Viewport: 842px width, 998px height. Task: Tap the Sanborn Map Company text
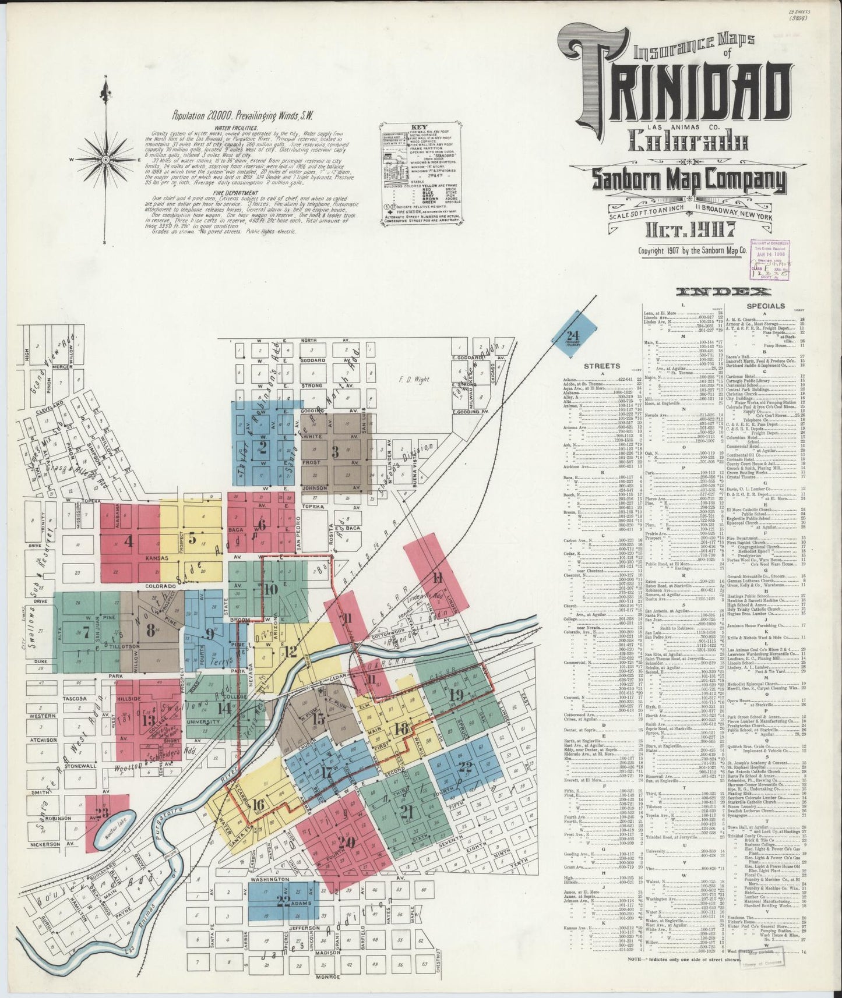click(x=688, y=182)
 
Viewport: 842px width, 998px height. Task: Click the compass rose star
click(x=105, y=158)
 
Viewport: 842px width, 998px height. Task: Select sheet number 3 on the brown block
click(x=334, y=451)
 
